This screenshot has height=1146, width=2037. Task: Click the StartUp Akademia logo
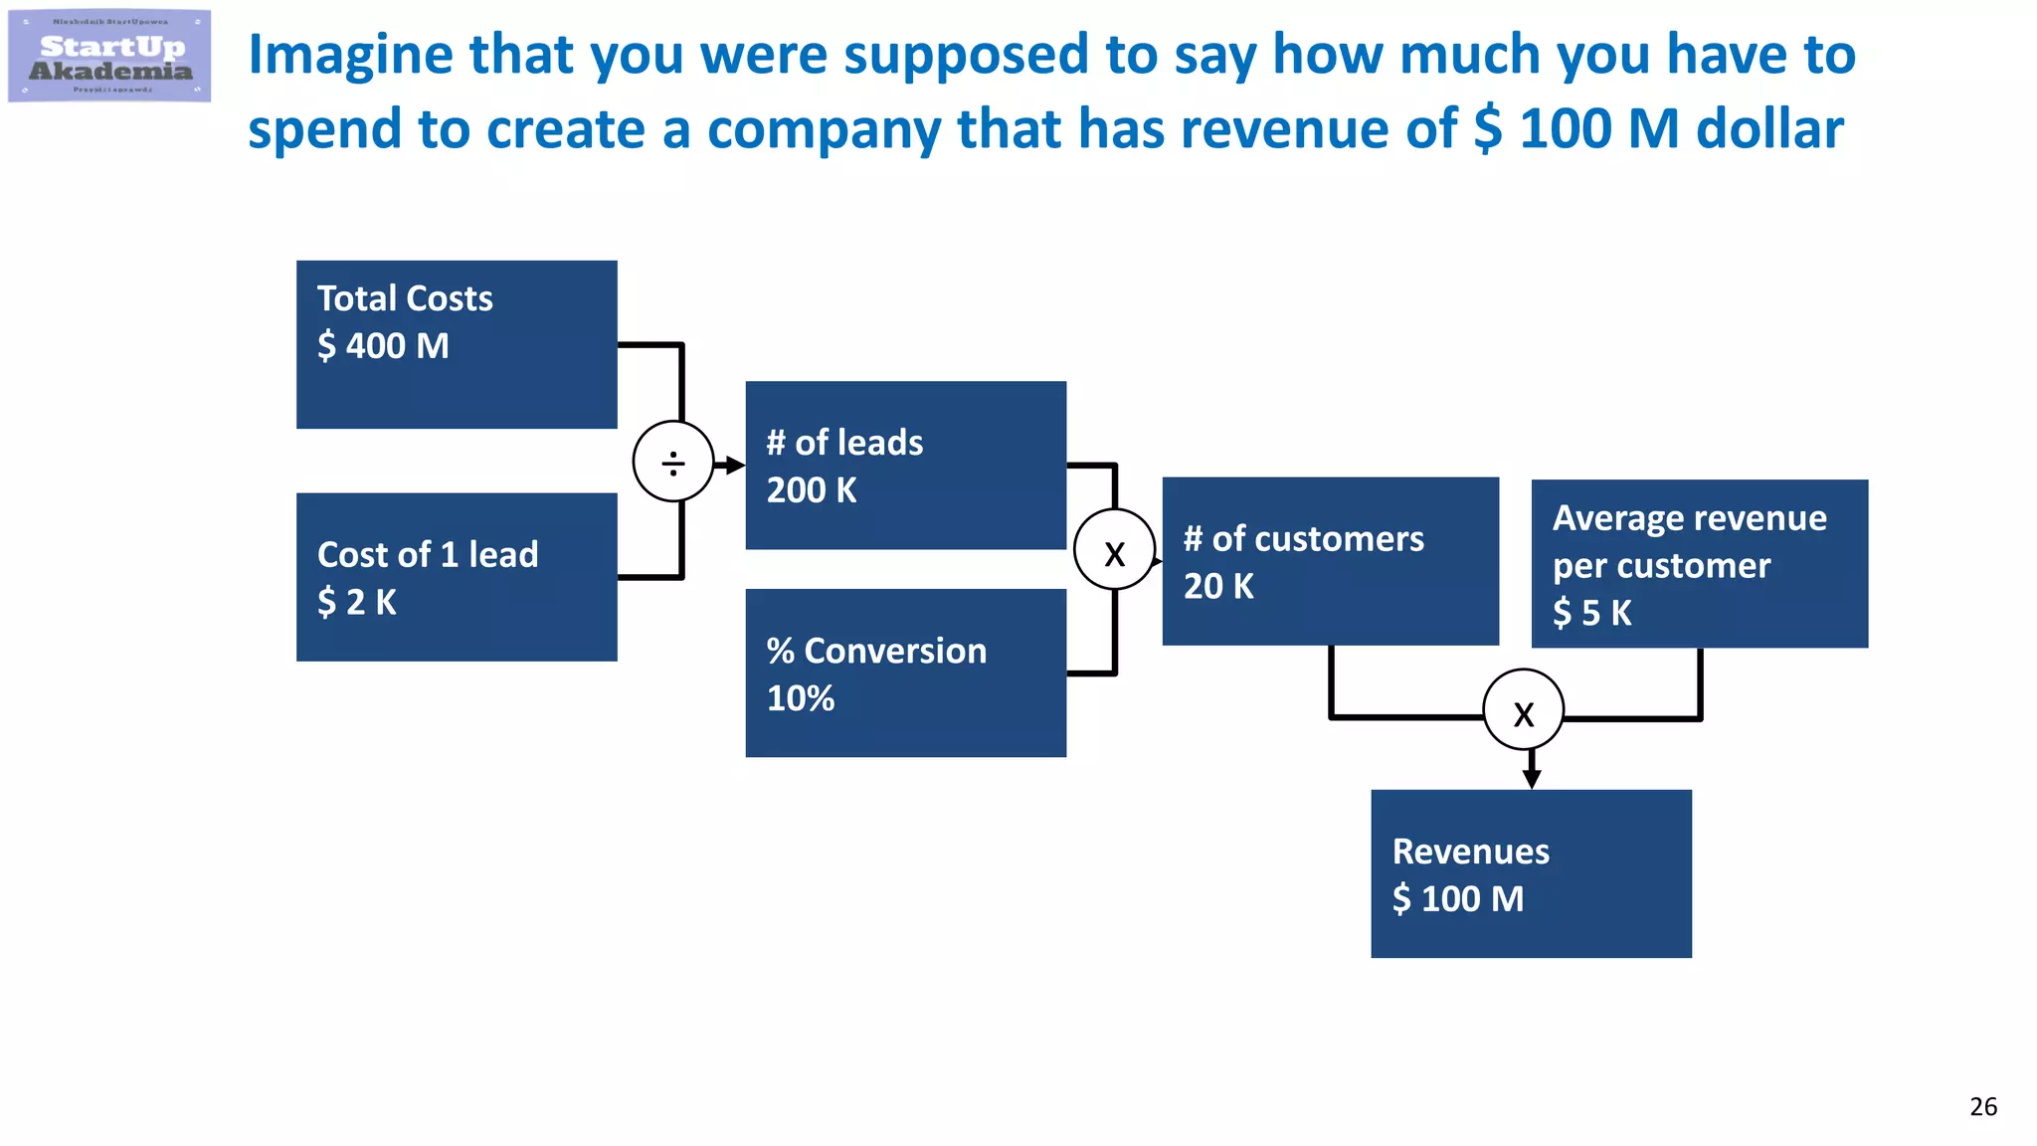click(x=109, y=57)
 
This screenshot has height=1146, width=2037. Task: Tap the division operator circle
click(x=673, y=463)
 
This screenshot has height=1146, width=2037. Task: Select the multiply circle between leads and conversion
click(x=1115, y=551)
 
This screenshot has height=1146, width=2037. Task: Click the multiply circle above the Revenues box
click(x=1523, y=711)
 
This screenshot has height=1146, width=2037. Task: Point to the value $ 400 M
click(x=383, y=346)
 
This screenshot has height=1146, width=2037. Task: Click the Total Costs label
click(x=405, y=298)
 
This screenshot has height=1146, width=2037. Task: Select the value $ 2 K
click(x=356, y=602)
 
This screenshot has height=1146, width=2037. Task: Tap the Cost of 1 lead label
click(x=428, y=554)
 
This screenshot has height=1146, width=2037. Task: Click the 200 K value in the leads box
click(x=811, y=490)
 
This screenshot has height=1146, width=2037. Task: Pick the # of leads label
click(x=844, y=443)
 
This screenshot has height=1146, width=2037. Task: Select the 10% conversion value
click(x=800, y=698)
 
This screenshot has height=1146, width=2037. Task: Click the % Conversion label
click(x=876, y=651)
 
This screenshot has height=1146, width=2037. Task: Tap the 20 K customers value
click(x=1218, y=586)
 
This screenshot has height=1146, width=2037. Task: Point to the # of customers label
click(x=1303, y=539)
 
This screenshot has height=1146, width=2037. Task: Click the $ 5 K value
click(x=1591, y=613)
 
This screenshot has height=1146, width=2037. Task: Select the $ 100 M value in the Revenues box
click(x=1457, y=899)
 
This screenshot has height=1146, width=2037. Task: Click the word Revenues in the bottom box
click(x=1470, y=852)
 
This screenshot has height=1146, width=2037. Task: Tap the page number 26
click(x=1982, y=1106)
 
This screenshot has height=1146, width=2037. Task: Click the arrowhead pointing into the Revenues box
click(x=1532, y=780)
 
